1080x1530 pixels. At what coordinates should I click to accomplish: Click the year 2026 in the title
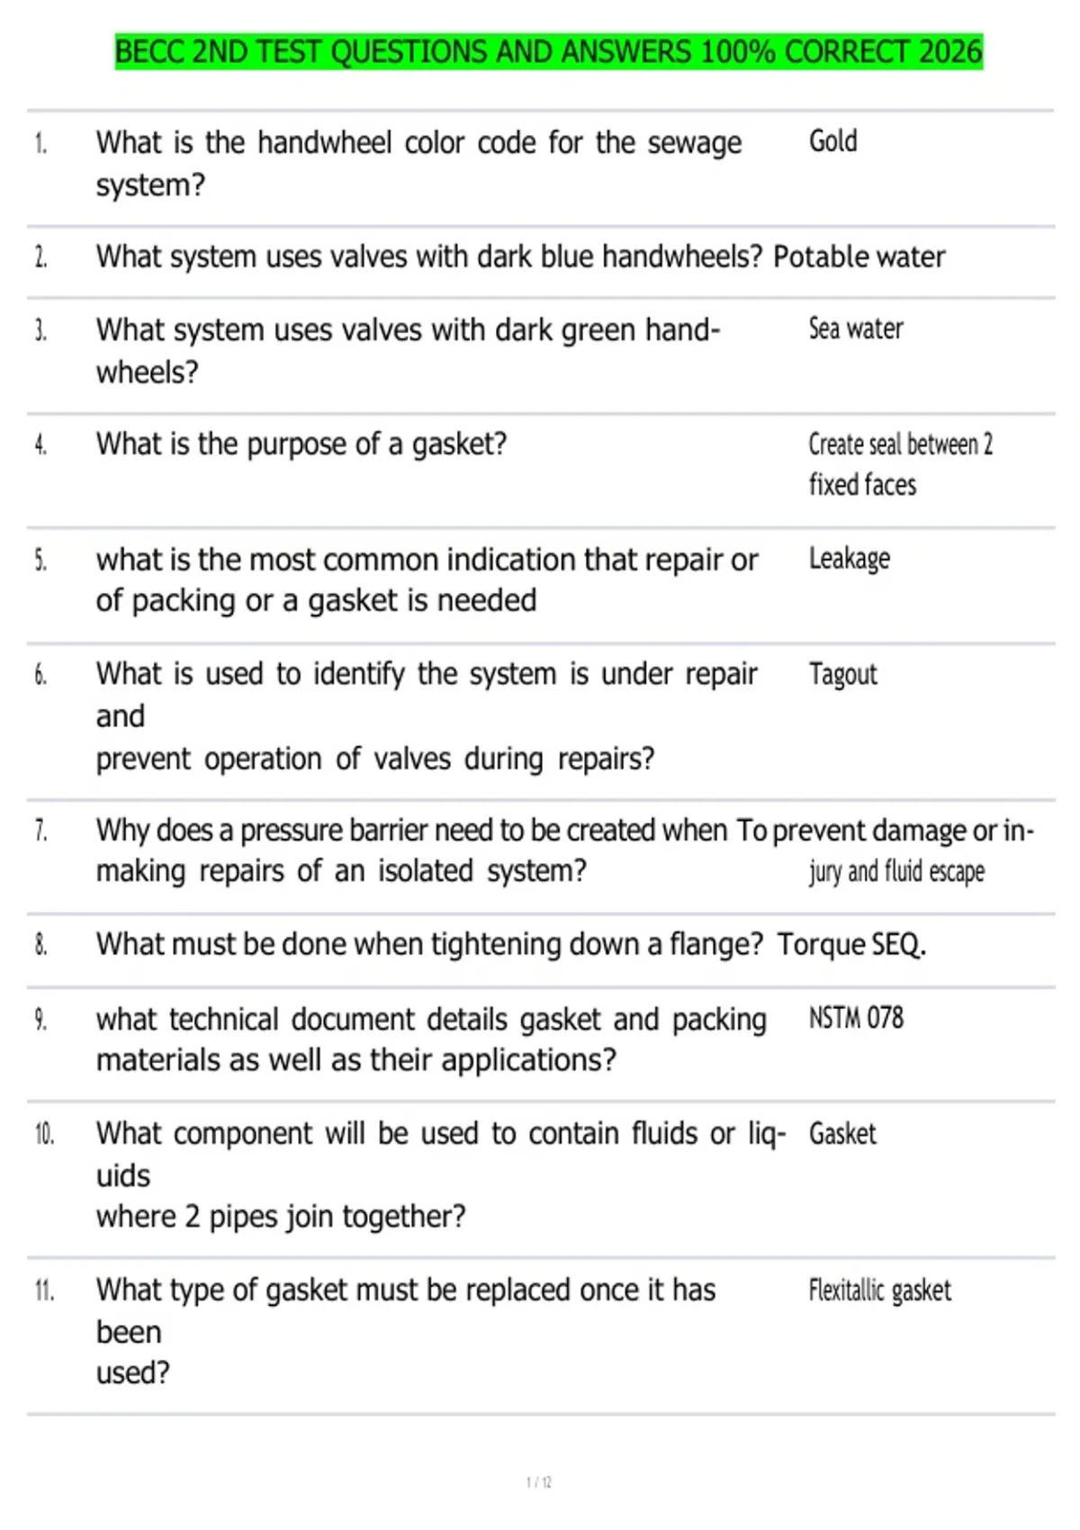950,52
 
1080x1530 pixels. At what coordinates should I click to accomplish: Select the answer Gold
832,141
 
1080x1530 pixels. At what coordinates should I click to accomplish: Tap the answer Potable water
859,257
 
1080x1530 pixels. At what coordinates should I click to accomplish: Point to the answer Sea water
855,329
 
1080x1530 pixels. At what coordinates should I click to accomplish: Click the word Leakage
849,559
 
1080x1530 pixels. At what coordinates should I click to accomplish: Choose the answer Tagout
842,674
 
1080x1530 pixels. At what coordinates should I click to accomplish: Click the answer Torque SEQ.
850,945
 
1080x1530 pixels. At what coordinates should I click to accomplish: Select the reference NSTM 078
855,1018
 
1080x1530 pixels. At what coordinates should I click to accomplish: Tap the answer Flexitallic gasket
879,1291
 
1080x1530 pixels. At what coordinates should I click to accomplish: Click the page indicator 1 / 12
538,1482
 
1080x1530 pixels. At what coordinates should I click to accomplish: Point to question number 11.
44,1291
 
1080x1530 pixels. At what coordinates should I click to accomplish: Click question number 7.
40,831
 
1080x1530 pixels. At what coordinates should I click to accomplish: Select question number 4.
40,445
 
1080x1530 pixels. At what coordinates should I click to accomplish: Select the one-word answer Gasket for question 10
841,1134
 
